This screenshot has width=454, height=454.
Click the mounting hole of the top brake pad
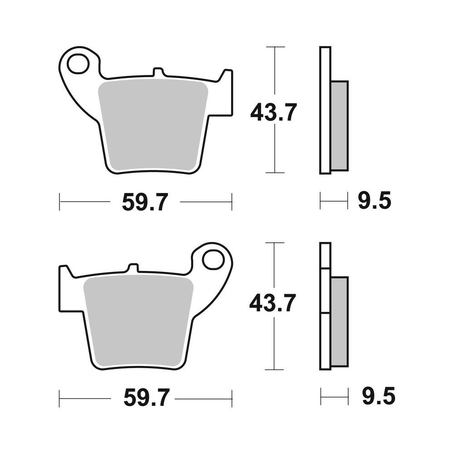coord(78,64)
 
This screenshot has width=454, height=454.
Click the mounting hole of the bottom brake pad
coord(213,260)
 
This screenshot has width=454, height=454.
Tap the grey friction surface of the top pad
coord(153,125)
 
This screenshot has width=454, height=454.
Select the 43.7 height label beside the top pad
coord(273,112)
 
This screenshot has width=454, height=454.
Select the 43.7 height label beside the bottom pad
coord(272,303)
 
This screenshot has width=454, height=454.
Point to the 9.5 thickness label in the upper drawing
coord(374,201)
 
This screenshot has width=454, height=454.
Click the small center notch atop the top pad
coord(158,72)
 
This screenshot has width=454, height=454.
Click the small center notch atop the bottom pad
coord(133,267)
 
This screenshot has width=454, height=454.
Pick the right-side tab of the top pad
coord(226,93)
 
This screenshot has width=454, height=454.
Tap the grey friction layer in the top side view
coord(339,126)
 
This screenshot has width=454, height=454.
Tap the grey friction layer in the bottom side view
coord(339,321)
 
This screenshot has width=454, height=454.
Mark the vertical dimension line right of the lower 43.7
coord(274,345)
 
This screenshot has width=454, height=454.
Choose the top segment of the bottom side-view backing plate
coord(325,256)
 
